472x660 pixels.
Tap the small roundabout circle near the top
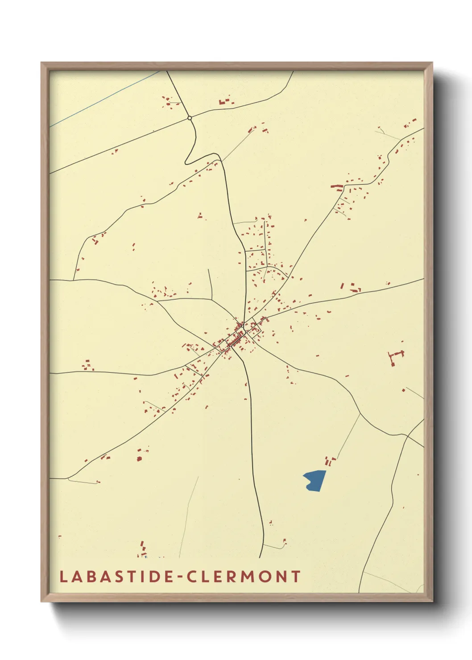click(x=190, y=118)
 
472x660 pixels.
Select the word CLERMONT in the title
click(x=244, y=577)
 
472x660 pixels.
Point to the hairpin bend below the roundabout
click(x=187, y=161)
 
